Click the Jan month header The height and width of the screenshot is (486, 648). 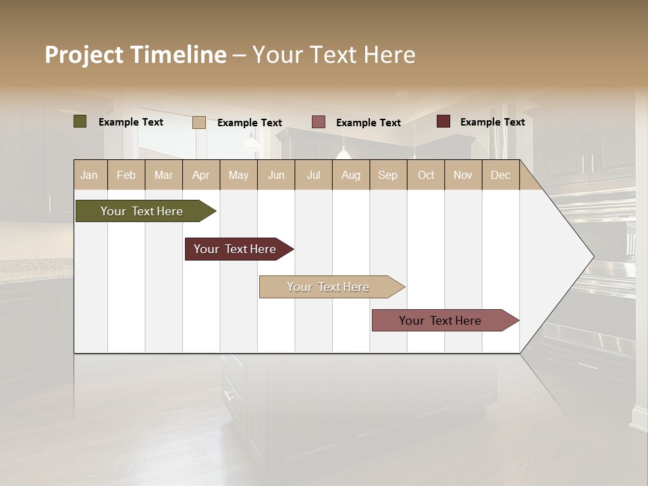pyautogui.click(x=90, y=175)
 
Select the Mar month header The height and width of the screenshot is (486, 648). pyautogui.click(x=163, y=175)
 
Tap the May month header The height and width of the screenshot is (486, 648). pyautogui.click(x=238, y=175)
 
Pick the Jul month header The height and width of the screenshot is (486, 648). pyautogui.click(x=313, y=175)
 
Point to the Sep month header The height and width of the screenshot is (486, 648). pyautogui.click(x=387, y=175)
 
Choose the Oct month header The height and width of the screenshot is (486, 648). pyautogui.click(x=426, y=175)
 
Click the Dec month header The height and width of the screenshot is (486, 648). pyautogui.click(x=500, y=175)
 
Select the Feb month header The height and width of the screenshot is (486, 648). pyautogui.click(x=126, y=175)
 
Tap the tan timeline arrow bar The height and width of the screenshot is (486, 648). pyautogui.click(x=330, y=287)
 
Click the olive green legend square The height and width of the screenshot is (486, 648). pyautogui.click(x=80, y=122)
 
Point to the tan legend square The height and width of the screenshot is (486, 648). pyautogui.click(x=198, y=122)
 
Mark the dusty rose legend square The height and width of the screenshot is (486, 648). pyautogui.click(x=319, y=122)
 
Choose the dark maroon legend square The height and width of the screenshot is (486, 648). pyautogui.click(x=443, y=122)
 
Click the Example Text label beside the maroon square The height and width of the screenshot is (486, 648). pyautogui.click(x=492, y=122)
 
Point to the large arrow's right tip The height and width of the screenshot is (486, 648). pyautogui.click(x=593, y=256)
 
